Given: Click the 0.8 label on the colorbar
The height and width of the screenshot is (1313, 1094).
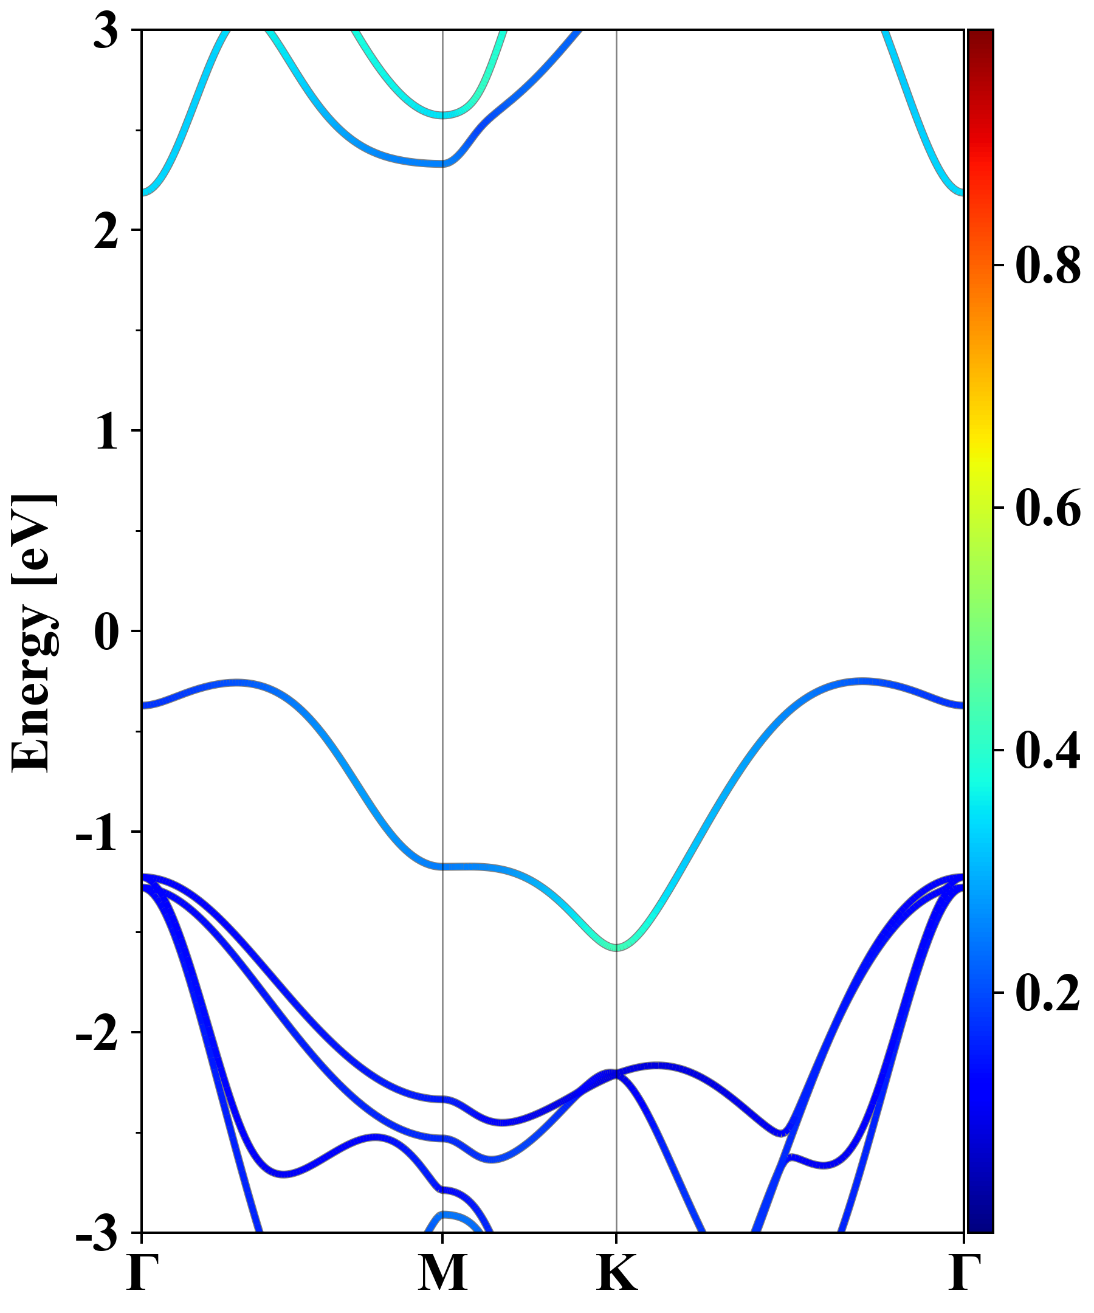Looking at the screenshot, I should [1048, 265].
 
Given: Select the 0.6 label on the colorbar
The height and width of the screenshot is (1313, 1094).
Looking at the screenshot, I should [1048, 508].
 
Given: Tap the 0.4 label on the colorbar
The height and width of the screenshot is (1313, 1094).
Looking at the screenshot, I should [1048, 750].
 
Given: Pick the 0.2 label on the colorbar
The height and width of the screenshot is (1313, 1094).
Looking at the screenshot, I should [1048, 993].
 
